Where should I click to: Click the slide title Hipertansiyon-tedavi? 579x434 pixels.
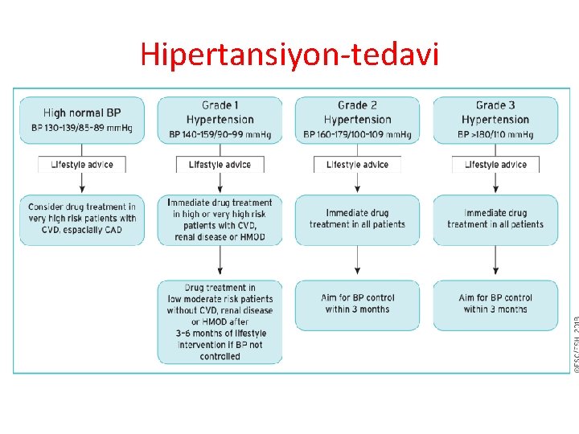point(289,54)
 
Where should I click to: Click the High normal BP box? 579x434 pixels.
point(82,121)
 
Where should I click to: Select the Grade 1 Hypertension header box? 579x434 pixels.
point(220,121)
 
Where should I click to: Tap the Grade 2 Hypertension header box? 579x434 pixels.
point(358,121)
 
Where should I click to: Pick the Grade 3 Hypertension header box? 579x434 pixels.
point(495,121)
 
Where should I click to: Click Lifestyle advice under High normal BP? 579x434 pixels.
point(82,165)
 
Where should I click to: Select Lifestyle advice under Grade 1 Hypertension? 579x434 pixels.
point(220,165)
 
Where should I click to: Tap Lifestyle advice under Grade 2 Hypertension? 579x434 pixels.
point(358,165)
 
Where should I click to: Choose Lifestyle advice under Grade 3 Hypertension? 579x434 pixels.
point(495,165)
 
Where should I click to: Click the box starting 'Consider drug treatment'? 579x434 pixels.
point(82,219)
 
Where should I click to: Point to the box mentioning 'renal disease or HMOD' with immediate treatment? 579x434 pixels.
point(220,219)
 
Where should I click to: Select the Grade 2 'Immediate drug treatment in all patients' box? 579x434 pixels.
point(358,219)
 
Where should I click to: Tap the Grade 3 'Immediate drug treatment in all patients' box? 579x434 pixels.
point(495,219)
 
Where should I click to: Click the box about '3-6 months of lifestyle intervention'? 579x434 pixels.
point(220,321)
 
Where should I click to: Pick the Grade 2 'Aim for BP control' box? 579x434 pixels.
point(358,304)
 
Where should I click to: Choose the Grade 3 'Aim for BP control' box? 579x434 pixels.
point(495,304)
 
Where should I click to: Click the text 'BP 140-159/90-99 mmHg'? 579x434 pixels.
point(220,134)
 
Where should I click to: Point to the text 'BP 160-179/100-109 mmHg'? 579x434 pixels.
point(358,134)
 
